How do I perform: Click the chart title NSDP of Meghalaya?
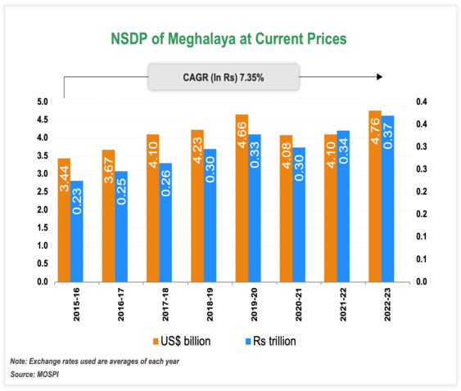coord(229,38)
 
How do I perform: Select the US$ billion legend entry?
coord(183,339)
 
